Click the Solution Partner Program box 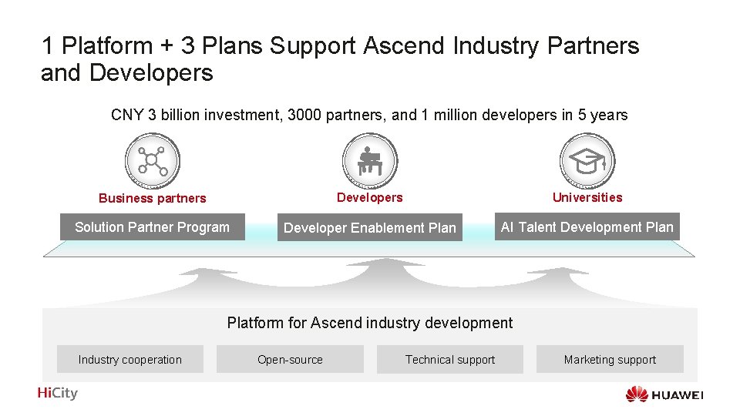pyautogui.click(x=153, y=227)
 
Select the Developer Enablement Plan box pyautogui.click(x=370, y=228)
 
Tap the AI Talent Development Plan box pyautogui.click(x=587, y=227)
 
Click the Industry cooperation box pyautogui.click(x=130, y=360)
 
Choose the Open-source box pyautogui.click(x=290, y=360)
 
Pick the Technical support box pyautogui.click(x=450, y=360)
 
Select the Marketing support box pyautogui.click(x=610, y=360)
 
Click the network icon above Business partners pyautogui.click(x=152, y=161)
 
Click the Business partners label pyautogui.click(x=153, y=198)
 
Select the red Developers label pyautogui.click(x=370, y=197)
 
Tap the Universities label pyautogui.click(x=587, y=197)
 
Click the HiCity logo pyautogui.click(x=58, y=393)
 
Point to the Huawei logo pyautogui.click(x=664, y=395)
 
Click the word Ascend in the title pyautogui.click(x=404, y=46)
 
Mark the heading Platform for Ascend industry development pyautogui.click(x=370, y=323)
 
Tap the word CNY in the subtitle pyautogui.click(x=127, y=116)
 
